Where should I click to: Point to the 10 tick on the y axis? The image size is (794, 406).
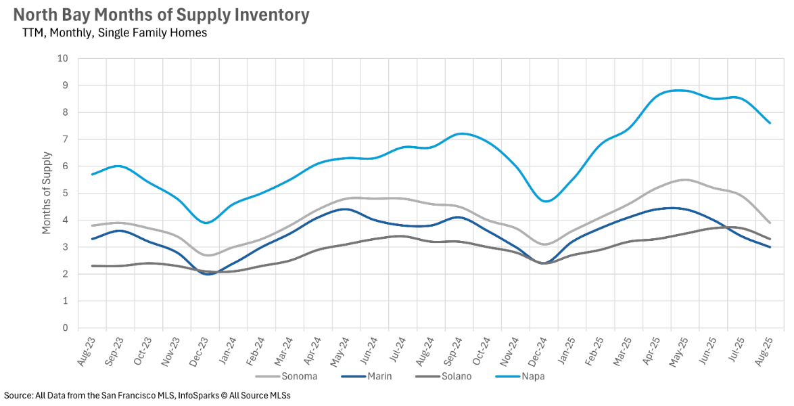click(63, 59)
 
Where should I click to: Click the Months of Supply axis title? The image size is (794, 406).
click(47, 193)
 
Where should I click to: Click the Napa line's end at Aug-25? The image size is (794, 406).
click(770, 123)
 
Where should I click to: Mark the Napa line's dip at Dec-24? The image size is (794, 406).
click(545, 201)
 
